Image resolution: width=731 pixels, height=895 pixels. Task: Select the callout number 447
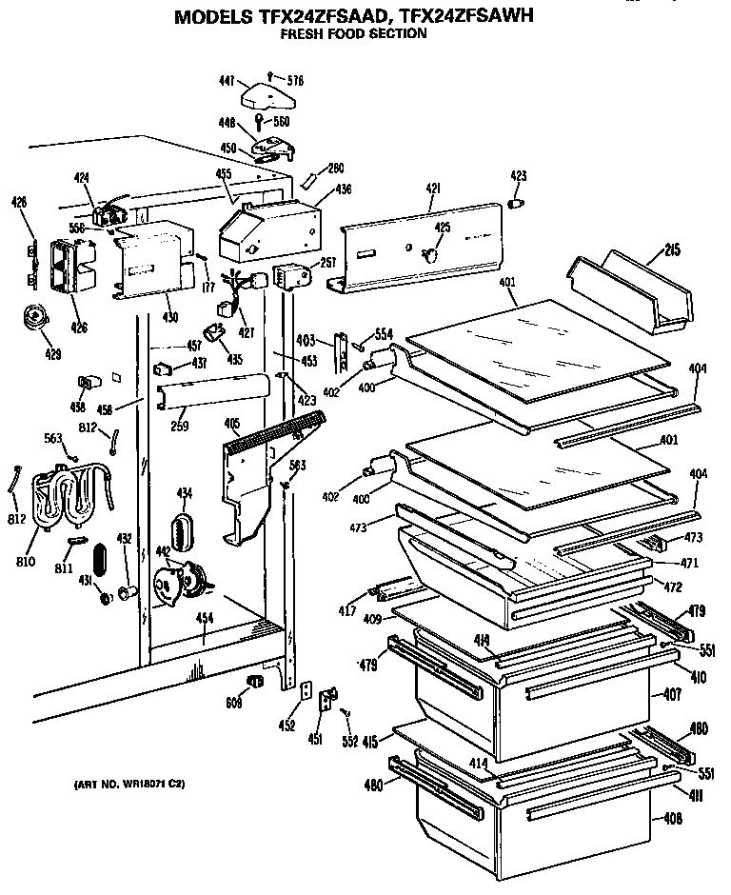click(226, 83)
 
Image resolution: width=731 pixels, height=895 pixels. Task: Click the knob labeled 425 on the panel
click(429, 253)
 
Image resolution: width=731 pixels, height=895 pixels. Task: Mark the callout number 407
click(672, 695)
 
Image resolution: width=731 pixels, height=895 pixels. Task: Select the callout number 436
click(343, 189)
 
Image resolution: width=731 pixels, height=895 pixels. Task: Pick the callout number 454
click(204, 619)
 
